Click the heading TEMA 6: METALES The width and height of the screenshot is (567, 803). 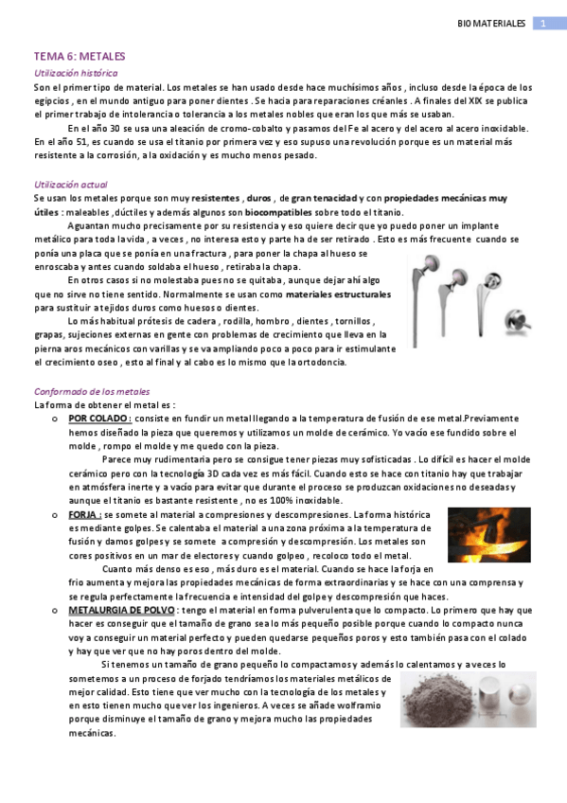pos(80,57)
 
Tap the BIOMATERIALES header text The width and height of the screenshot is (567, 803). pos(490,22)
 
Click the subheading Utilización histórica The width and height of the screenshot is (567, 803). pos(76,72)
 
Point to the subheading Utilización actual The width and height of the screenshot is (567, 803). pos(70,184)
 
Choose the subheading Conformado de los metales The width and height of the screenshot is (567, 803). pos(91,391)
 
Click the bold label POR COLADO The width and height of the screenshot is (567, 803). pos(99,418)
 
